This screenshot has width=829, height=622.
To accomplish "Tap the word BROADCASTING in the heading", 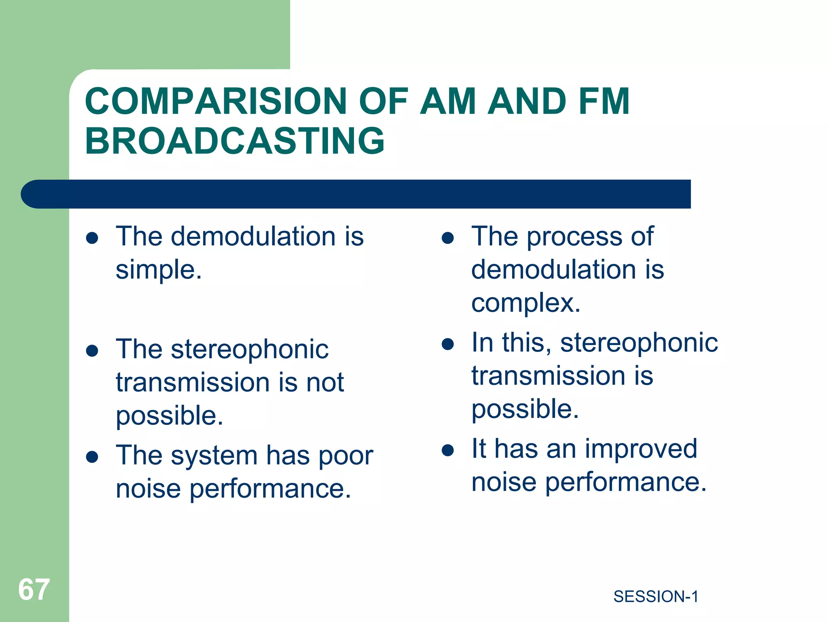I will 235,141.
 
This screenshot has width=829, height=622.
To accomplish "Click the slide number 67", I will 34,590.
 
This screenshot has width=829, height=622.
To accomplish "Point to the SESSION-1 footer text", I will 656,596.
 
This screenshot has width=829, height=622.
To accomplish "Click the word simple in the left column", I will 159,270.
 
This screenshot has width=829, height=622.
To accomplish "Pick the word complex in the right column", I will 526,303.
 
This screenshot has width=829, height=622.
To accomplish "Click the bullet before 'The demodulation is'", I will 92,238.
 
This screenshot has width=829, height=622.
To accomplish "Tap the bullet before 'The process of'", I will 448,238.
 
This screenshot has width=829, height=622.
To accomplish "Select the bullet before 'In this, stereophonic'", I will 448,344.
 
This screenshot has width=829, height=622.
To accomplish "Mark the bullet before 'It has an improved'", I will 448,450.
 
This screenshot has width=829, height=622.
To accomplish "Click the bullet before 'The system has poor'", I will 92,457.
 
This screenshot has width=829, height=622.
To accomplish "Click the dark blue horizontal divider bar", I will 356,194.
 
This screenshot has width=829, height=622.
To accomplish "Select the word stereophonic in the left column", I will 249,350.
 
